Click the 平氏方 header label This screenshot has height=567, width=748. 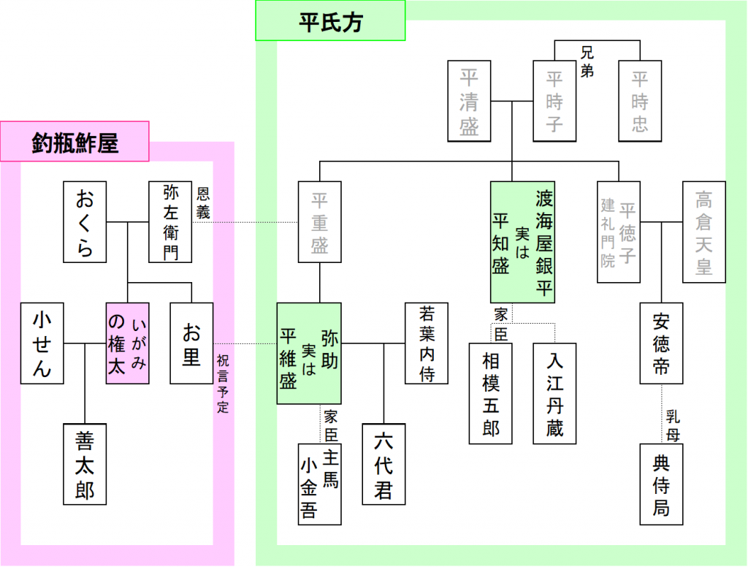(x=330, y=21)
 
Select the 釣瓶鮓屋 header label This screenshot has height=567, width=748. (x=75, y=142)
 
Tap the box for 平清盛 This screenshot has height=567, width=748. (x=469, y=101)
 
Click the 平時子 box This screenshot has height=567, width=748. (x=554, y=101)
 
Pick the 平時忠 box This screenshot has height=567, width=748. (x=640, y=101)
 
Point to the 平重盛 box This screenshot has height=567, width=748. (x=319, y=222)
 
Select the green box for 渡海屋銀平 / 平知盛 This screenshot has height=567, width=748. (x=522, y=242)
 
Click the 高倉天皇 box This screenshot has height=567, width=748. (x=703, y=232)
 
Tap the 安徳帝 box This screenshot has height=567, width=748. (x=661, y=343)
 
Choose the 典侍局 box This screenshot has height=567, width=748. (x=661, y=484)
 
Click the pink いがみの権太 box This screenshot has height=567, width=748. (x=127, y=343)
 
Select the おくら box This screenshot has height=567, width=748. (x=85, y=222)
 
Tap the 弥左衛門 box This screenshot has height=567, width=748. (x=170, y=222)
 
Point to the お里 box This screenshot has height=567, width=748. (x=191, y=343)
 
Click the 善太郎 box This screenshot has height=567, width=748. (x=85, y=464)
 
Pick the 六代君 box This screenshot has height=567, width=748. (x=383, y=464)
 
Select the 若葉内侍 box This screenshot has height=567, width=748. (x=427, y=343)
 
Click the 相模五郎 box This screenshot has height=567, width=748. (x=491, y=393)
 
